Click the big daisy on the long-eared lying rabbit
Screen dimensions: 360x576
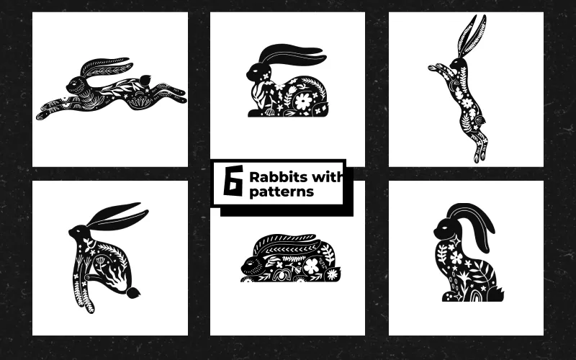click(x=302, y=100)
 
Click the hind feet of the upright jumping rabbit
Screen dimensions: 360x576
click(x=476, y=153)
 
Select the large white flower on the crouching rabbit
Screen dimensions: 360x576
click(x=310, y=266)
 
